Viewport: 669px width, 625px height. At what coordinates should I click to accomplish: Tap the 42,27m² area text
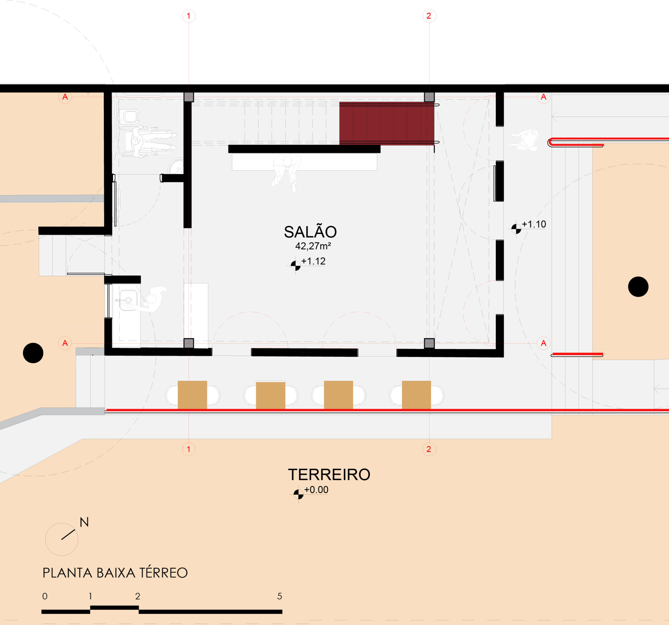[313, 246]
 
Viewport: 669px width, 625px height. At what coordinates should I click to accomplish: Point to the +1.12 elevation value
[313, 261]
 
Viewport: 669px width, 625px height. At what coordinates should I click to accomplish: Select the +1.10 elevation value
[534, 224]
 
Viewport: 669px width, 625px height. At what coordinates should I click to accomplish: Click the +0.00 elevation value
[316, 490]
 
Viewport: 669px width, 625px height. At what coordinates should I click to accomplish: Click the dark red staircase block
[387, 123]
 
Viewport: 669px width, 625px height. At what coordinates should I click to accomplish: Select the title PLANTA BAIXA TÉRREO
[115, 573]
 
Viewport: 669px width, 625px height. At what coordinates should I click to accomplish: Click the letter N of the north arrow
[84, 522]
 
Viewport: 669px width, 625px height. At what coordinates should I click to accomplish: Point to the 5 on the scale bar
[279, 596]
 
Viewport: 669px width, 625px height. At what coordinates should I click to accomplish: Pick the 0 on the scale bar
[45, 596]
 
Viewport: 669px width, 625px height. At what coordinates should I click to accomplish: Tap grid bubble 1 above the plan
[188, 16]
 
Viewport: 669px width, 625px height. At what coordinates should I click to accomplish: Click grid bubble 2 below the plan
[429, 449]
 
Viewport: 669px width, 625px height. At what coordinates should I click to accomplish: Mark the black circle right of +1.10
[638, 287]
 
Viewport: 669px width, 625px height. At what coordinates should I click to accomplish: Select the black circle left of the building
[33, 353]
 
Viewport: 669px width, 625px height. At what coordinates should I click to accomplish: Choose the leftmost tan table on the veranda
[192, 395]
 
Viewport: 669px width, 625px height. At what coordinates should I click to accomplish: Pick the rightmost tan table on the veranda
[416, 395]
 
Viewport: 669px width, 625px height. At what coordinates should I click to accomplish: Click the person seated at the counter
[287, 172]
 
